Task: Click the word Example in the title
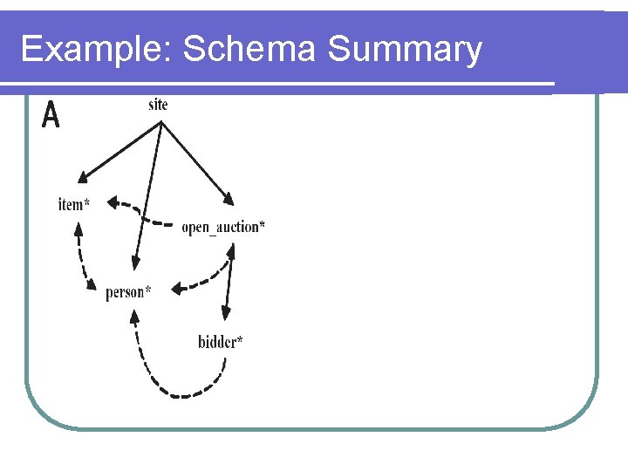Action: pyautogui.click(x=96, y=50)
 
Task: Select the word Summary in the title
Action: pyautogui.click(x=405, y=50)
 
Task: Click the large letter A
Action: pyautogui.click(x=51, y=114)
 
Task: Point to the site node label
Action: pyautogui.click(x=158, y=105)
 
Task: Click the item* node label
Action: pyautogui.click(x=74, y=205)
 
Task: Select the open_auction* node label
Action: pyautogui.click(x=223, y=228)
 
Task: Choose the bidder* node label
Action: pyautogui.click(x=220, y=341)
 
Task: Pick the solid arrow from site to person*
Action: pyautogui.click(x=148, y=192)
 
